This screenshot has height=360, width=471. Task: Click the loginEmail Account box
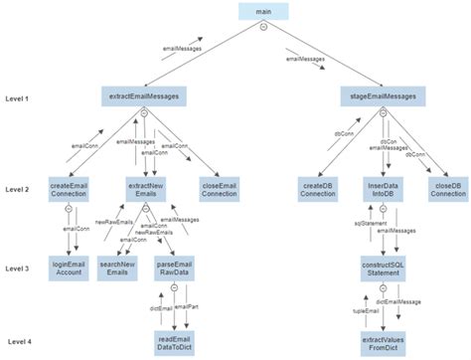71,269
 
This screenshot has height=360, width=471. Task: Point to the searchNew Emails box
119,269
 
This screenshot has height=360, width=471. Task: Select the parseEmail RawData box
175,269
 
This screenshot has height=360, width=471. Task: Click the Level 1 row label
19,98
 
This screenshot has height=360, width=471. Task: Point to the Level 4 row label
19,341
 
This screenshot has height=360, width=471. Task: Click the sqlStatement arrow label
357,226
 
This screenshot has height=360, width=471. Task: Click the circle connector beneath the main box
263,29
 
